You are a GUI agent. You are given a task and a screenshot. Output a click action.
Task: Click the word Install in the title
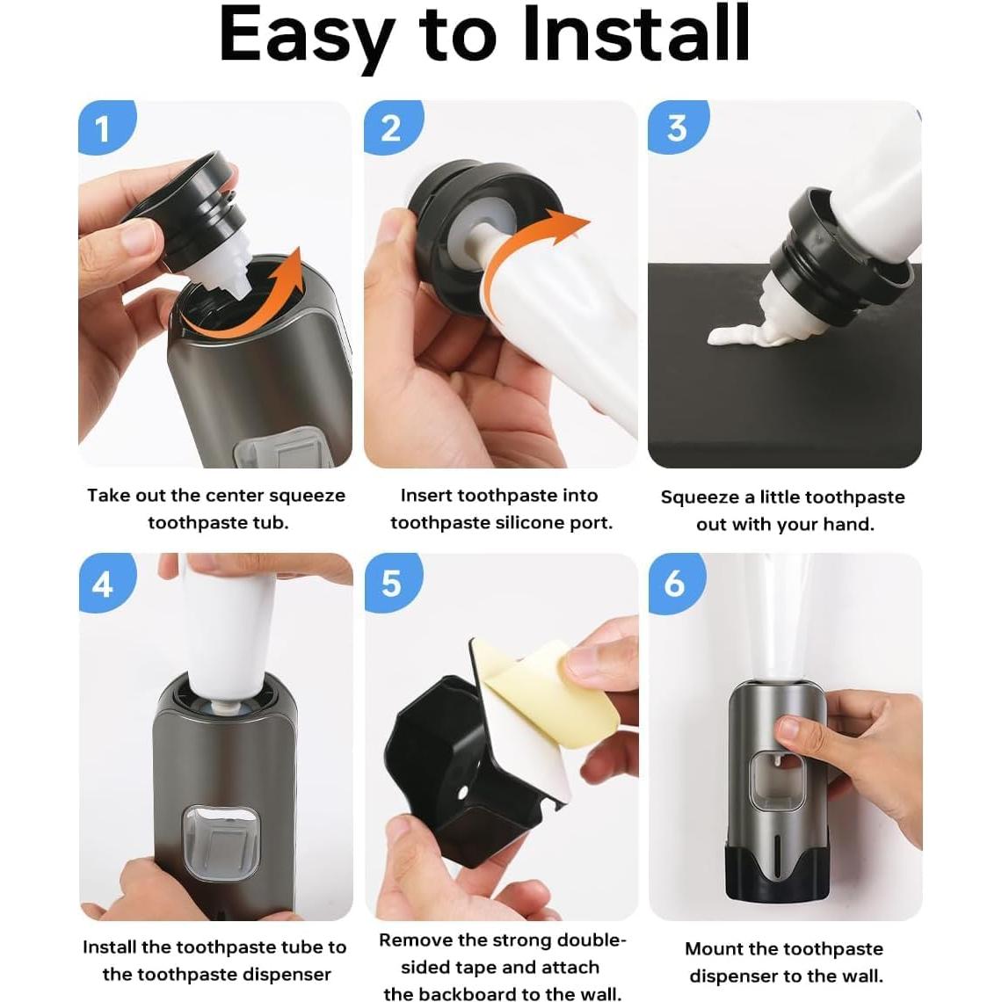click(x=635, y=35)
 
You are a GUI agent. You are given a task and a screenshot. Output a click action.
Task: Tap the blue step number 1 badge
click(x=103, y=128)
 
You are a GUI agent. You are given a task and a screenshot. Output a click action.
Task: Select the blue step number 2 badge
click(x=390, y=128)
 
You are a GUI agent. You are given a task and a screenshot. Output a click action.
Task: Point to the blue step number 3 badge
click(x=675, y=128)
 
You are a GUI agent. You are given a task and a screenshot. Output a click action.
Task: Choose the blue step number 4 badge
click(x=103, y=583)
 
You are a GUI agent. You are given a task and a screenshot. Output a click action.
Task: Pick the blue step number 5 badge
click(x=390, y=583)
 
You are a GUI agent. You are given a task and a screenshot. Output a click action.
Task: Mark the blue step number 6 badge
click(x=675, y=583)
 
